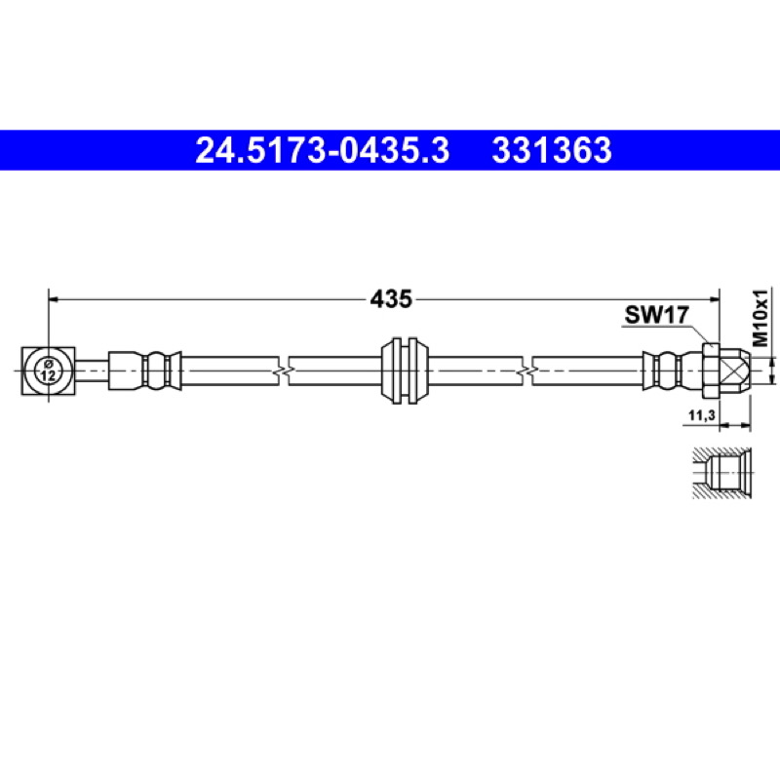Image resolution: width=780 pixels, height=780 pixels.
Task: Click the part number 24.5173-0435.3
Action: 322,150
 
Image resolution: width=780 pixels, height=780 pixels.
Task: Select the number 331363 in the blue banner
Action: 552,150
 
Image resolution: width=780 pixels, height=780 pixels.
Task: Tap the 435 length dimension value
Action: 391,299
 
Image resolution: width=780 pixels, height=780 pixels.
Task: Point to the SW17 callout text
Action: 656,314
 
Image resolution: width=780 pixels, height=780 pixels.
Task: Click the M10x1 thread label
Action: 760,318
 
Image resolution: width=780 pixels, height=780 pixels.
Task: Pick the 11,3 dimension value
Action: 701,415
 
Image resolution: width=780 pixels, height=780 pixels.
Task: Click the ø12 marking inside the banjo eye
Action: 48,371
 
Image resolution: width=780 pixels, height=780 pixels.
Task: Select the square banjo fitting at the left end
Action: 48,371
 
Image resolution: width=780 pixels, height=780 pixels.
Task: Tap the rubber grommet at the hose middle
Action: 405,371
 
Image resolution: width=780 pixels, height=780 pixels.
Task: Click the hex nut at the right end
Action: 711,371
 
